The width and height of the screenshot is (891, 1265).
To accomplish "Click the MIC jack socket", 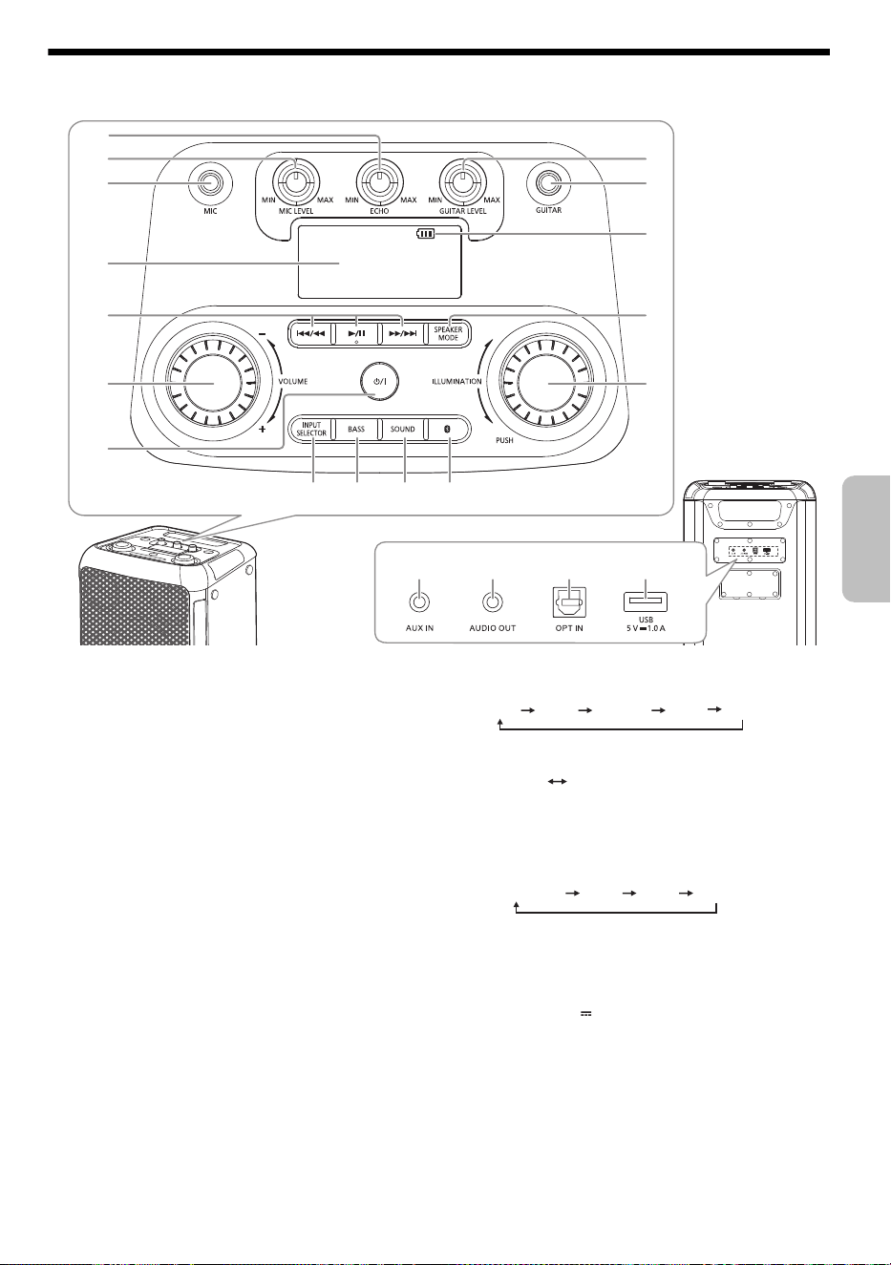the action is point(210,183).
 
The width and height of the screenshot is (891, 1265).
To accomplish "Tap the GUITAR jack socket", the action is point(548,183).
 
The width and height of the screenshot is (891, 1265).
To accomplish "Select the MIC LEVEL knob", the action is point(295,182).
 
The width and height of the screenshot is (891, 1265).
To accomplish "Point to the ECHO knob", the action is point(379,182).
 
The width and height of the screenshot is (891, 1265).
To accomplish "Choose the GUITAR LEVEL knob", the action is point(463,182).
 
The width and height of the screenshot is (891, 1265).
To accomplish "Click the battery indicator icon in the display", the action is point(426,233).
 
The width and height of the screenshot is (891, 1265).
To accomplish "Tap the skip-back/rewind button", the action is point(310,333).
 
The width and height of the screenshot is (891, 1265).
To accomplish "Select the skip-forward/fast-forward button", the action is point(402,333).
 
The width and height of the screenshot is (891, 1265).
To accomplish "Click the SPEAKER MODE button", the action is point(448,333).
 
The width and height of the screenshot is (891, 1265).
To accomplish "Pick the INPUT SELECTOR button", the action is point(310,429).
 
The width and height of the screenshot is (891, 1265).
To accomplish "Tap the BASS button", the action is point(356,429).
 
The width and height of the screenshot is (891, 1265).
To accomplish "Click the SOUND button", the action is point(402,429).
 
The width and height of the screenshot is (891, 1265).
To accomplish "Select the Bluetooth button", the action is point(448,429).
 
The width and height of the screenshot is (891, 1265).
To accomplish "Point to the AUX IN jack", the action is point(419,602).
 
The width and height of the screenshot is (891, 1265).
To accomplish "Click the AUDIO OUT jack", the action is point(493,602).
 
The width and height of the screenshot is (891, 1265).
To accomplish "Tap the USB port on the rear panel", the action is point(646,601).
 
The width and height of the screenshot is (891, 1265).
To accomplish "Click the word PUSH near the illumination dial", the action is point(504,440).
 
